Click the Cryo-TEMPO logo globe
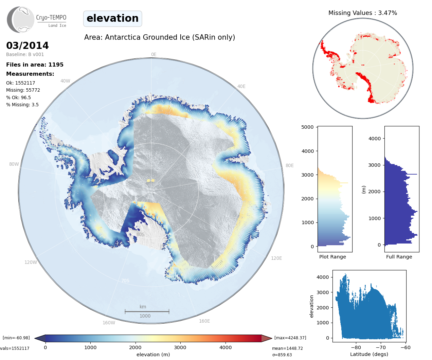(21, 20)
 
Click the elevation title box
(112, 18)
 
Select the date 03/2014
(28, 46)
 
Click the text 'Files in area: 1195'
(35, 65)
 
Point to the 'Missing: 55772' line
(23, 90)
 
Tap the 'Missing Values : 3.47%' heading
(362, 13)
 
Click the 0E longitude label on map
(154, 54)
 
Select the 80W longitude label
(14, 164)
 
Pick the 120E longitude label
(276, 258)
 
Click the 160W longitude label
(109, 323)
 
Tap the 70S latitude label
(125, 281)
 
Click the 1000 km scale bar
(147, 311)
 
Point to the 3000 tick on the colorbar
(180, 347)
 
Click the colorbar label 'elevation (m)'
(153, 355)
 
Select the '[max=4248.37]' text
(290, 338)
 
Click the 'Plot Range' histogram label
(332, 257)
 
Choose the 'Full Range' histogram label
(399, 257)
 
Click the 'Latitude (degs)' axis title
(369, 354)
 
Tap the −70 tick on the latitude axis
(381, 347)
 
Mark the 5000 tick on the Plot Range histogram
(307, 127)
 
